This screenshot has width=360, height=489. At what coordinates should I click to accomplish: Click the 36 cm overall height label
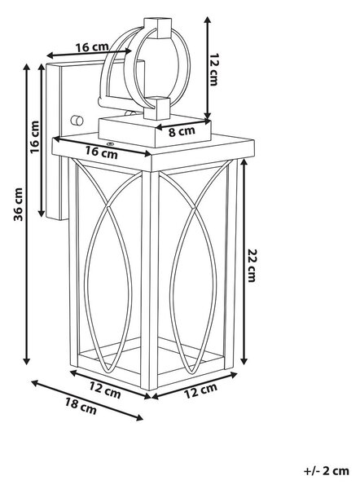click(19, 205)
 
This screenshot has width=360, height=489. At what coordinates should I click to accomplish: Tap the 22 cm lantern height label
click(252, 265)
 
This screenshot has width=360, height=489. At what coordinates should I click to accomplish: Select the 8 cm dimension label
click(182, 131)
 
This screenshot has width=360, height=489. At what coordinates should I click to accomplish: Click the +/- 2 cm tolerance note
click(327, 470)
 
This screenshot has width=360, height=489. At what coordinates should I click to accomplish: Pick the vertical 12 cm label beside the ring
click(214, 69)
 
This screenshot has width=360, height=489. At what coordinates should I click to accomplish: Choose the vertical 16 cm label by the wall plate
click(34, 137)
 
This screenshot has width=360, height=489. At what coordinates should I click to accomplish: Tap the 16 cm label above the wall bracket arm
click(92, 47)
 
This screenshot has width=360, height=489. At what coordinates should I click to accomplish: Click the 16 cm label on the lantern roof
click(102, 152)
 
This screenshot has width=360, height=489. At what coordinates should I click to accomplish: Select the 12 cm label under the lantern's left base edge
click(105, 390)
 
